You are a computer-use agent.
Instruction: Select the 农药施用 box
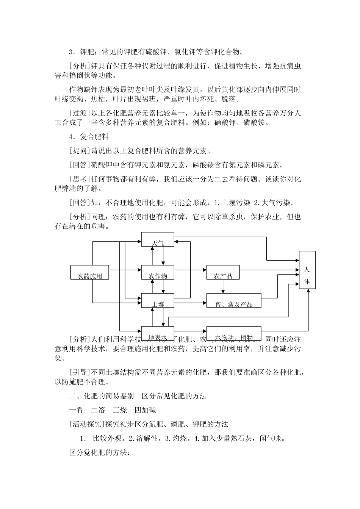click(90, 272)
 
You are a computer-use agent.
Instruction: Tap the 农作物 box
click(157, 272)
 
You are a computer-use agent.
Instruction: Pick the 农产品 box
click(223, 272)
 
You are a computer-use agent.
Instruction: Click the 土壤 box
click(157, 300)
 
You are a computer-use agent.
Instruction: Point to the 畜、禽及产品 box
click(233, 300)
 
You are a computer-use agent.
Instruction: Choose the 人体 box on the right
click(307, 270)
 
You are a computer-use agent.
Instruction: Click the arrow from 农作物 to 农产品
click(190, 270)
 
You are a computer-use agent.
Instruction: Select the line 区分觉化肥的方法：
click(100, 453)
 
